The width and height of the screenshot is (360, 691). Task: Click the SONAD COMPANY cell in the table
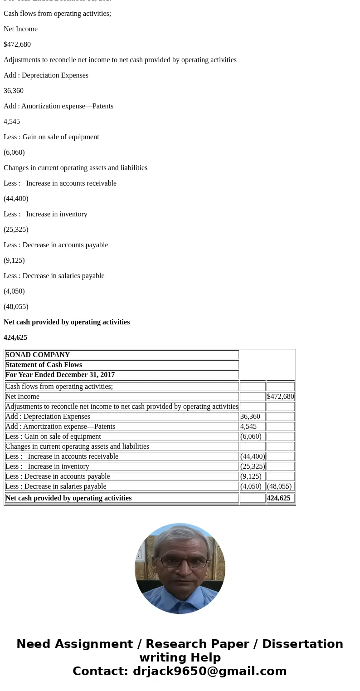click(x=38, y=355)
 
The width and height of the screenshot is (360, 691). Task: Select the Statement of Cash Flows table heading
click(x=44, y=365)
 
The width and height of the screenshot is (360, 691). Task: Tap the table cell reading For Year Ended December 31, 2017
click(x=60, y=375)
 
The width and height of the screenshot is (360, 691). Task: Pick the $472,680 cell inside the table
click(x=280, y=397)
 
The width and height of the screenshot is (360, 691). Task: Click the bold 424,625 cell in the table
click(x=278, y=498)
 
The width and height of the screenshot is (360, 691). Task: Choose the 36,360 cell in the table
click(x=250, y=417)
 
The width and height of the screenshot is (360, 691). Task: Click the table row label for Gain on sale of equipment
click(x=53, y=436)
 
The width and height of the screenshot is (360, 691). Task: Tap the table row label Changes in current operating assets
click(x=77, y=446)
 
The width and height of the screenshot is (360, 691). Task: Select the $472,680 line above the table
click(x=17, y=44)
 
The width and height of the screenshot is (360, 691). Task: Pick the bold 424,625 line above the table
click(x=15, y=338)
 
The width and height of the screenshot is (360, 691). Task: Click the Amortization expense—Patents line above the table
click(x=58, y=106)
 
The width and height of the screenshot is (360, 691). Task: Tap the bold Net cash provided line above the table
click(x=67, y=322)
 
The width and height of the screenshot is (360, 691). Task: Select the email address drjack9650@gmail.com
click(x=209, y=671)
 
